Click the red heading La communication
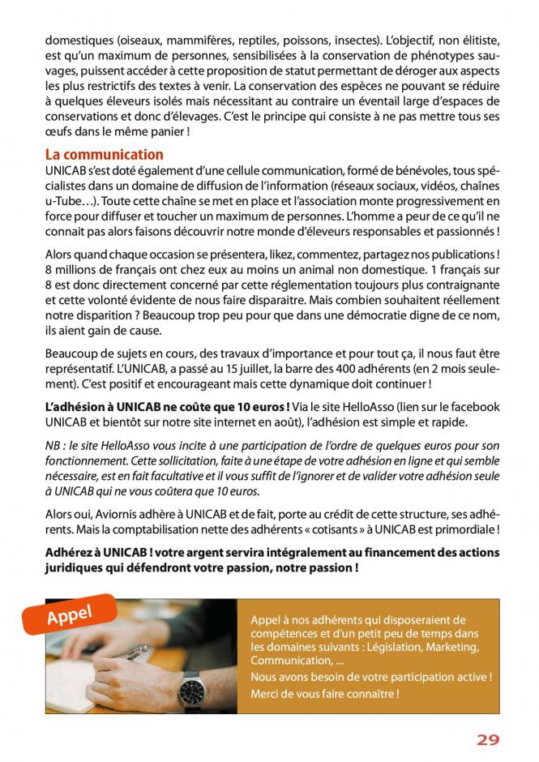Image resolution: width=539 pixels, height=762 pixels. [x=105, y=154]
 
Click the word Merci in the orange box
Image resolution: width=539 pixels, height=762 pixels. [x=265, y=694]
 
